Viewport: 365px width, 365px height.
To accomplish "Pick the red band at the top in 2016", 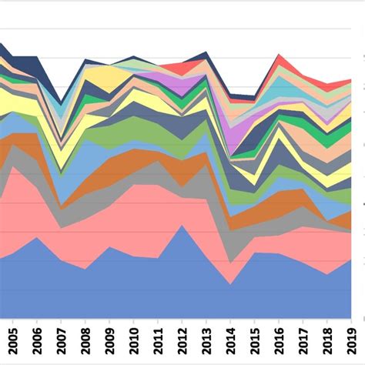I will pos(280,62).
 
